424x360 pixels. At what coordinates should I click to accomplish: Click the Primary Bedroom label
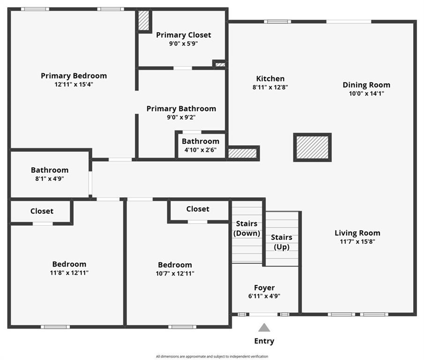click(x=74, y=76)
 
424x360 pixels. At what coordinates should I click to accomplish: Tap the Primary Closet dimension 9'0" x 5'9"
click(x=184, y=44)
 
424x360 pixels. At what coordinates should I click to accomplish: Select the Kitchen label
click(x=270, y=79)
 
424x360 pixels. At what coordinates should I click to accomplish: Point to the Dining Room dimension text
click(x=366, y=94)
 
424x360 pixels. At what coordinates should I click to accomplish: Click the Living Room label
click(x=357, y=233)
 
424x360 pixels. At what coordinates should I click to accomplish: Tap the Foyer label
click(x=264, y=288)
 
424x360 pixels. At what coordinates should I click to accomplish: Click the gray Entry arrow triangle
click(x=264, y=327)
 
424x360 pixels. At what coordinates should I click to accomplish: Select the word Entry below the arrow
click(x=264, y=341)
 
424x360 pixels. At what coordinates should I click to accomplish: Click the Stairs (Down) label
click(x=246, y=229)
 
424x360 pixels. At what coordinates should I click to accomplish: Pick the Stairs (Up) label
click(x=282, y=242)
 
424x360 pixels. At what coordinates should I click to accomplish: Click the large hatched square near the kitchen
click(x=312, y=147)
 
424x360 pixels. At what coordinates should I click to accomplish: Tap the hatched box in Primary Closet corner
click(x=144, y=21)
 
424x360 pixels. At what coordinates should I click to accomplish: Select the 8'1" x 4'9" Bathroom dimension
click(x=50, y=179)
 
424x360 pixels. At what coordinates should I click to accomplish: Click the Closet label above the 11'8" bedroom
click(x=42, y=211)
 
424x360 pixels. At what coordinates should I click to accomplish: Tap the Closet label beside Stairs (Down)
click(x=198, y=209)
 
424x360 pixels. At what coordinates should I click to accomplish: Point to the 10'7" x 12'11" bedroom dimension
click(x=175, y=273)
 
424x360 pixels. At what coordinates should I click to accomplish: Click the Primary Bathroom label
click(x=181, y=109)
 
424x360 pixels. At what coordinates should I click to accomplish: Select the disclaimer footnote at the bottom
click(x=212, y=356)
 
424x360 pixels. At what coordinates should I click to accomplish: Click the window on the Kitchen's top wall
click(x=277, y=22)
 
